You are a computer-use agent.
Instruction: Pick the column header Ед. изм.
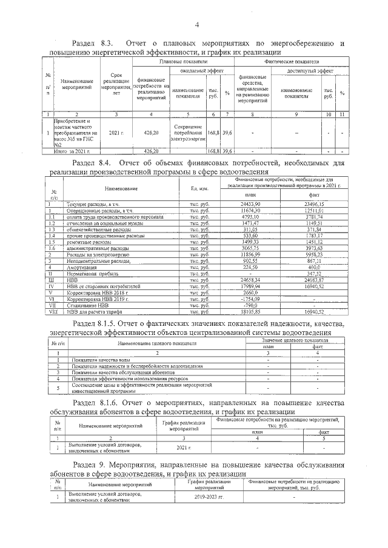pos(199,188)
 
